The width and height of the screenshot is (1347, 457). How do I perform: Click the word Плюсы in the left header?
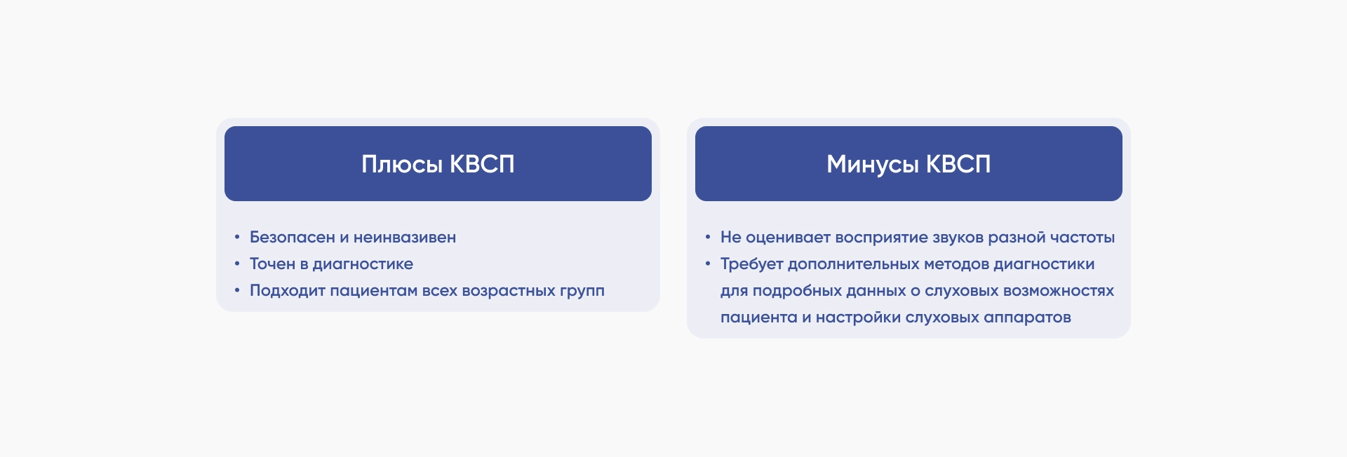tap(402, 165)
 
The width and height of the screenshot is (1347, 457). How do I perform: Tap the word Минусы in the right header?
tap(873, 165)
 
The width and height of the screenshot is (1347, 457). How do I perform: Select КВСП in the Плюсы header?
tap(482, 164)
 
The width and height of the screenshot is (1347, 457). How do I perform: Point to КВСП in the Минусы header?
tap(958, 164)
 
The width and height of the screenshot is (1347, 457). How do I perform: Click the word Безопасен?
tap(293, 238)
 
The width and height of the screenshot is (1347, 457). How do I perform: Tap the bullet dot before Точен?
tap(237, 264)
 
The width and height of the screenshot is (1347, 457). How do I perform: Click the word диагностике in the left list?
tap(363, 264)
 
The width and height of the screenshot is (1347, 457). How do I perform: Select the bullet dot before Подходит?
tap(237, 290)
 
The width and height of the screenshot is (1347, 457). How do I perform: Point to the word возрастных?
tap(508, 291)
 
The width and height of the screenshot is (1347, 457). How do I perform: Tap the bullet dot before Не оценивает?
tap(708, 237)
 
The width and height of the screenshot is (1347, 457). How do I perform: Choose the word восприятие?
tap(882, 238)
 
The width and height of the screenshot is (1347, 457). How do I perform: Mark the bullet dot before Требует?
tap(708, 264)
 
